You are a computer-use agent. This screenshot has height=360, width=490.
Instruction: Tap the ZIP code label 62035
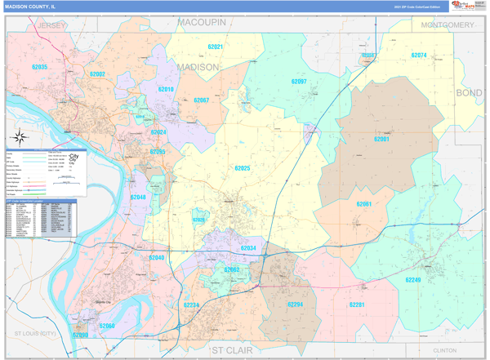click(x=39, y=67)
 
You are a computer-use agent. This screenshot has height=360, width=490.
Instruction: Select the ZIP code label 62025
click(x=243, y=168)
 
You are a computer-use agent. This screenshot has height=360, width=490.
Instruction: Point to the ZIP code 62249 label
click(x=412, y=280)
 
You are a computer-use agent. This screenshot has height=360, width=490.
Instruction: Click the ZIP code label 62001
click(x=381, y=140)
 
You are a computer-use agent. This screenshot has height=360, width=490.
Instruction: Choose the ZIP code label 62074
click(x=419, y=56)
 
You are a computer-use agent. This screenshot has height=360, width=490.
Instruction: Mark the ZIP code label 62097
click(x=299, y=82)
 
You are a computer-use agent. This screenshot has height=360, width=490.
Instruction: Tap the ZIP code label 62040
click(x=157, y=258)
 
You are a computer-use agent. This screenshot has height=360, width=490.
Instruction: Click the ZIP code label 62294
click(x=295, y=304)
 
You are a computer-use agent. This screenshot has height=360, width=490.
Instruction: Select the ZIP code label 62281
click(x=356, y=304)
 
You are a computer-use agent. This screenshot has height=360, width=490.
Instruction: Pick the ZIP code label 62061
click(x=364, y=204)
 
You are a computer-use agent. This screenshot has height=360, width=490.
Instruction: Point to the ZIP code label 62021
click(x=216, y=47)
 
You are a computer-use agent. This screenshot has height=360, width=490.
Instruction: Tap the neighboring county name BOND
click(x=469, y=94)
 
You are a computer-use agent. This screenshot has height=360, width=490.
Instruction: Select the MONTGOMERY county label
click(x=447, y=25)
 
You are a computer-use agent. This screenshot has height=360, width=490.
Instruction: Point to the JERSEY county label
click(x=51, y=26)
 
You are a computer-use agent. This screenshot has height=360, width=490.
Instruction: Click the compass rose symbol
click(x=20, y=138)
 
